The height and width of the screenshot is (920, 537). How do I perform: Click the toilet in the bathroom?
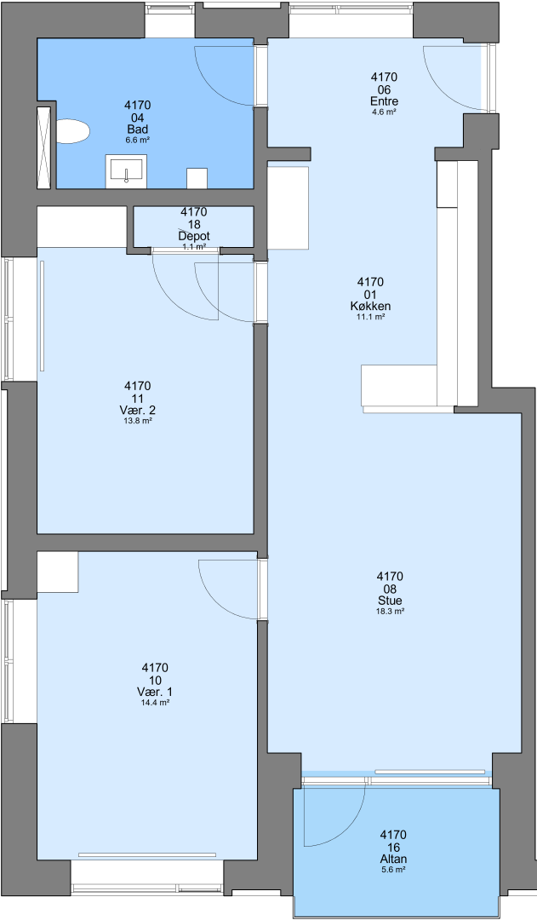72,131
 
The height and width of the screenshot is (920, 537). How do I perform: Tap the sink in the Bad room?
126,172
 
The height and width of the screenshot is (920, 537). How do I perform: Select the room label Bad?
137,129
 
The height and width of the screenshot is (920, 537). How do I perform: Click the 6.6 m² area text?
137,141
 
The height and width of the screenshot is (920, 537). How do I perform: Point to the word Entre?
384,101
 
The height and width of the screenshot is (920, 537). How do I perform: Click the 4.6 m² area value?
384,112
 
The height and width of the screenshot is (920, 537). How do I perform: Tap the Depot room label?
194,236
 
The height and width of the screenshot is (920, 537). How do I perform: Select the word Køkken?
370,307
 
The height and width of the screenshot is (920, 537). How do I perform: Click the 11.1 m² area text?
370,317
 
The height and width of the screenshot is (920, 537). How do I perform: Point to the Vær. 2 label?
137,410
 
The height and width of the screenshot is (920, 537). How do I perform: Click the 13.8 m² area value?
137,421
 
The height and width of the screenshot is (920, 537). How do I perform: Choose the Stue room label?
390,601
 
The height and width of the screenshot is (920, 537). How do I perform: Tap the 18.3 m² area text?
390,612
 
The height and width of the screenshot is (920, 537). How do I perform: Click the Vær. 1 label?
155,692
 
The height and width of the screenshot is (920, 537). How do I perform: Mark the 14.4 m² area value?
155,702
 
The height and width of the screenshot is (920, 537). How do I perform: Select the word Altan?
393,859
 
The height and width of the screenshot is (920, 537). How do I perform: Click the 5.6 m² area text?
393,870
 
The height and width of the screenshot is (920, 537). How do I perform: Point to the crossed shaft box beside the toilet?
44,148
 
